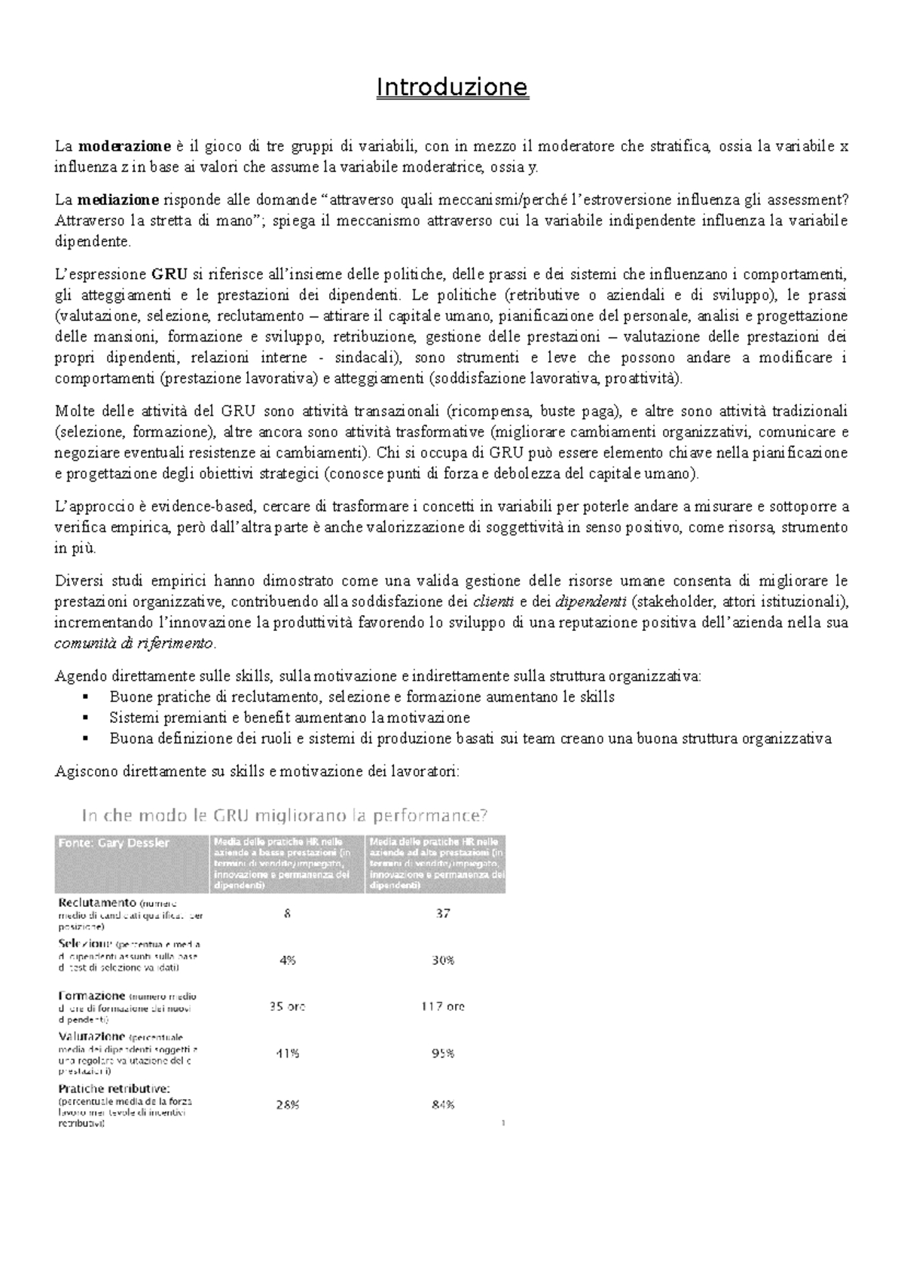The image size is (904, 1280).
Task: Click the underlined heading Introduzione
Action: coord(452,87)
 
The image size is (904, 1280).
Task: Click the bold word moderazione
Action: coord(124,146)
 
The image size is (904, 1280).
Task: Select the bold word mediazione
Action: coord(118,200)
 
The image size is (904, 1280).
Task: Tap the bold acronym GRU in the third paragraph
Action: coord(168,274)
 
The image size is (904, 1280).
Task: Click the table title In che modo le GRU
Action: coord(285,815)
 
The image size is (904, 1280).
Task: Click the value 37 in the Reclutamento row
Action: coord(443,913)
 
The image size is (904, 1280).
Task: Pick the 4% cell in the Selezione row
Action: coord(288,960)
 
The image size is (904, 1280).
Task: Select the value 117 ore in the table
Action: coord(443,1006)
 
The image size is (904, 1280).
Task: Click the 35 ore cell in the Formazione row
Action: coord(288,1006)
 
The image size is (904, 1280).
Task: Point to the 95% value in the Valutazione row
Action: coord(443,1053)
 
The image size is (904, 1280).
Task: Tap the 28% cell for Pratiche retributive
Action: coord(288,1104)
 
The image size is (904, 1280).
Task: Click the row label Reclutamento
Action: coord(97,902)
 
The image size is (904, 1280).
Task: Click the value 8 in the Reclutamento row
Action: coord(288,913)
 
